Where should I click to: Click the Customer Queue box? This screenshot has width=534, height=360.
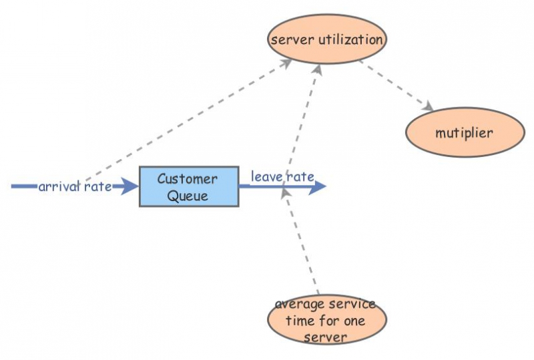tap(189, 186)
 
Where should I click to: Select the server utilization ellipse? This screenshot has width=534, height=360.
tap(326, 39)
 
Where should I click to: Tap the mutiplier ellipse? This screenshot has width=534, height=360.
tap(465, 132)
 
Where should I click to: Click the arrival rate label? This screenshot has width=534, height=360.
tap(74, 186)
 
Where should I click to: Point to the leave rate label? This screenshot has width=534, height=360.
tap(282, 176)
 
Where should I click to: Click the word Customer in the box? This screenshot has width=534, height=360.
tap(187, 179)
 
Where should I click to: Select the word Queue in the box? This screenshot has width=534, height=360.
tap(188, 196)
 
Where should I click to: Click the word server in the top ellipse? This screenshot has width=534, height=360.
tap(287, 39)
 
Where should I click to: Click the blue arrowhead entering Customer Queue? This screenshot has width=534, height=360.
tap(128, 186)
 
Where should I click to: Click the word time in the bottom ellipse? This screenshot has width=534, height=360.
tap(300, 321)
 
